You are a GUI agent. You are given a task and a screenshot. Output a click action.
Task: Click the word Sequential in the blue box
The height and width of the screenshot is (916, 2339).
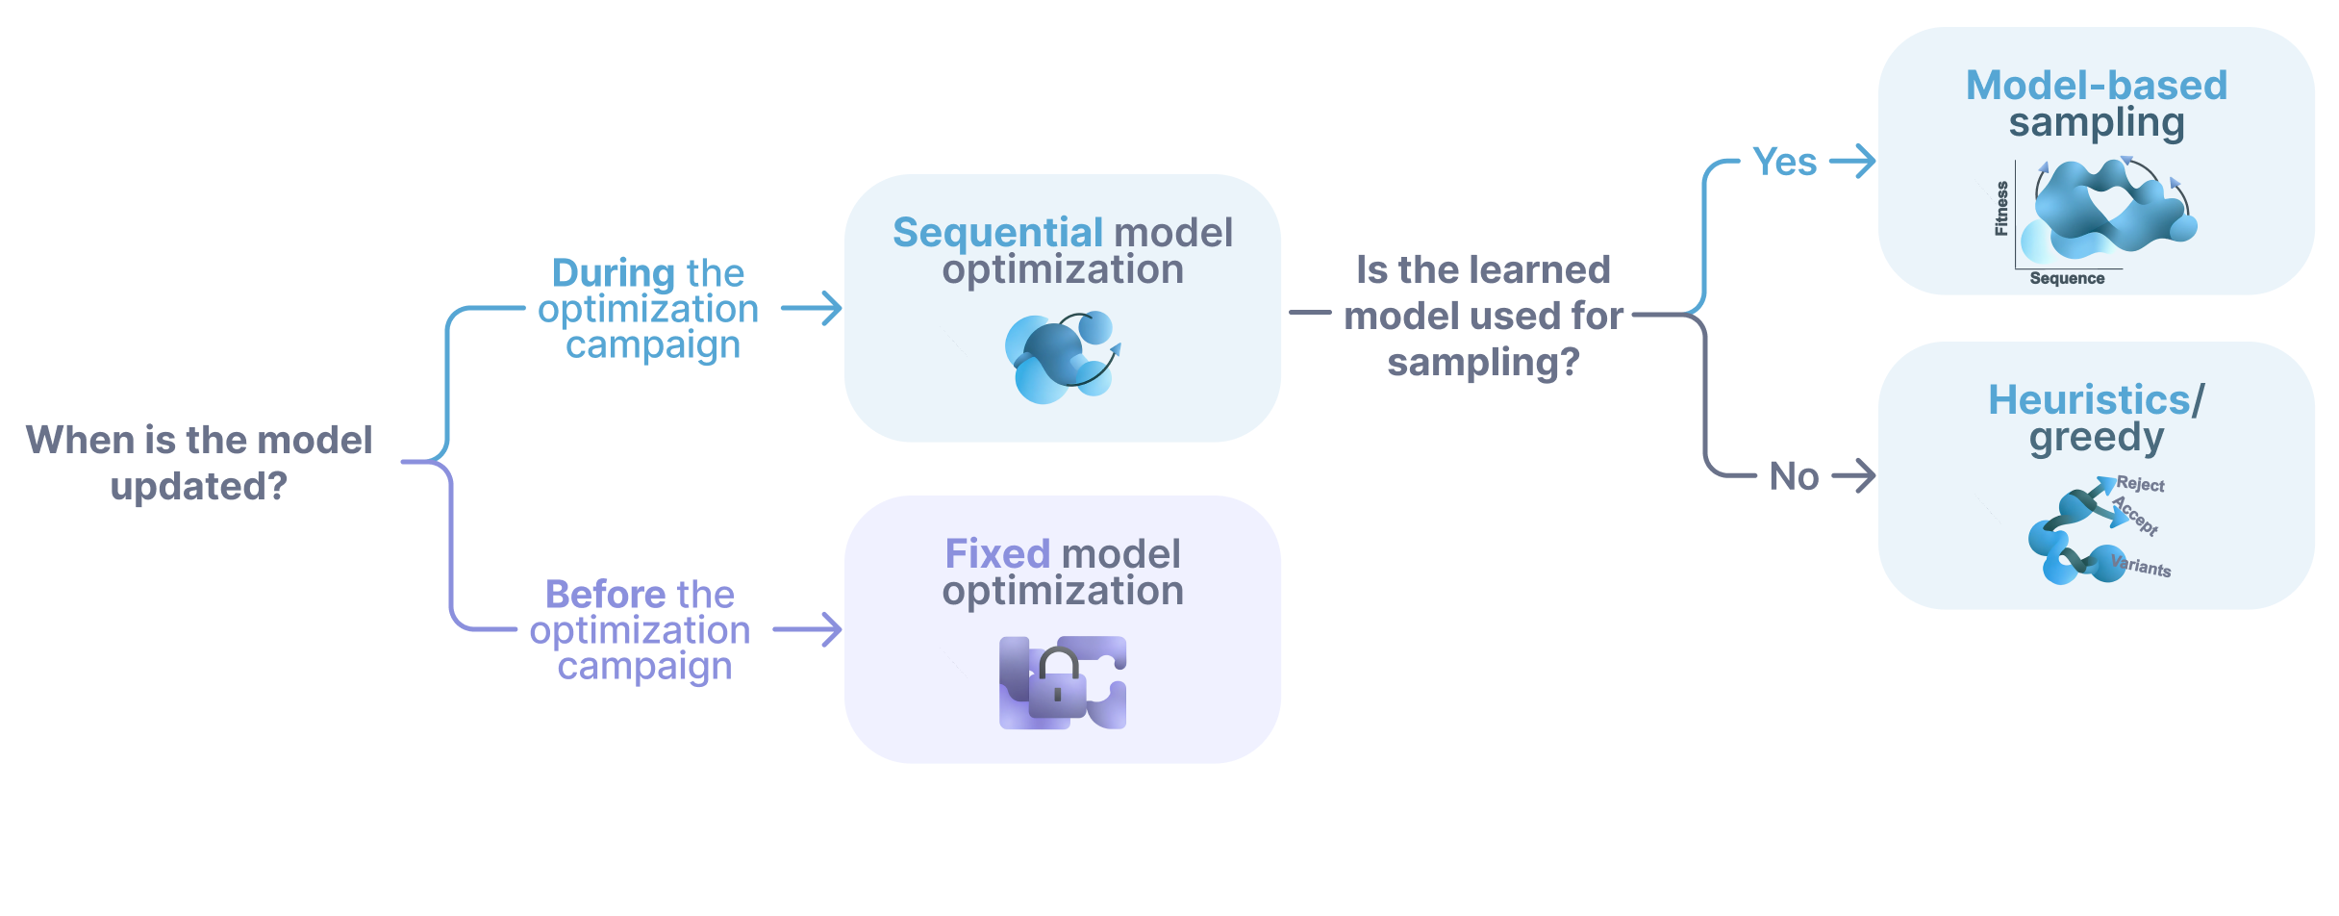point(996,233)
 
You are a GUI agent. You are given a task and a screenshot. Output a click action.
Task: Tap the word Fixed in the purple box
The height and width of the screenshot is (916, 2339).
point(996,554)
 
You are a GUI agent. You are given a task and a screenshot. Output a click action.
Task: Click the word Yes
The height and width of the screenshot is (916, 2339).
point(1784,162)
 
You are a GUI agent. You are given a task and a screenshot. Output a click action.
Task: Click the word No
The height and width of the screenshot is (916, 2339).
point(1794,477)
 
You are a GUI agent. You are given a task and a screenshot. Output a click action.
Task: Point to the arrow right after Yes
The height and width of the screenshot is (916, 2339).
point(1852,161)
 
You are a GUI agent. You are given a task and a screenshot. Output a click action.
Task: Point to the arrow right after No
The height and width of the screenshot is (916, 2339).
point(1853,475)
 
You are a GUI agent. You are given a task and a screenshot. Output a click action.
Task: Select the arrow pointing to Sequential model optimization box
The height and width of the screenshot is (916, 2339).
point(812,308)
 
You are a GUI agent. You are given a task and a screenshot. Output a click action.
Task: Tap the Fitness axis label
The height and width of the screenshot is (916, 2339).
point(2001,209)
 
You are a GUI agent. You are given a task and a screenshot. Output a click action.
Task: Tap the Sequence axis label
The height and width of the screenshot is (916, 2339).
point(2067,278)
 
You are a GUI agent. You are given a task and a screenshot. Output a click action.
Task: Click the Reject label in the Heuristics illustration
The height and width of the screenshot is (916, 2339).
point(2140,485)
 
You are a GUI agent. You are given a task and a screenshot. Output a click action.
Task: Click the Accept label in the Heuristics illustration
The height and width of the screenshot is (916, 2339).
point(2136,515)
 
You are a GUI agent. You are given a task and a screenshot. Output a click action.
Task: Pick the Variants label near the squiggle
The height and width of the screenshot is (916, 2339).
point(2141,566)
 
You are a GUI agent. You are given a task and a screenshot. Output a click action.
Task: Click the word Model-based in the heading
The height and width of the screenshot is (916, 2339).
point(2096,86)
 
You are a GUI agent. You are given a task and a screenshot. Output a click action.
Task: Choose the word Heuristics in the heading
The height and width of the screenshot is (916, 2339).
point(2089,400)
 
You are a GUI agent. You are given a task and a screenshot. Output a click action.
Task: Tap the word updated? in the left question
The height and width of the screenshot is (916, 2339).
point(199,487)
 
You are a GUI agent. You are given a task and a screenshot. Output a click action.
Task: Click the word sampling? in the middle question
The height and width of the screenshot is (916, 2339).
point(1483,363)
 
